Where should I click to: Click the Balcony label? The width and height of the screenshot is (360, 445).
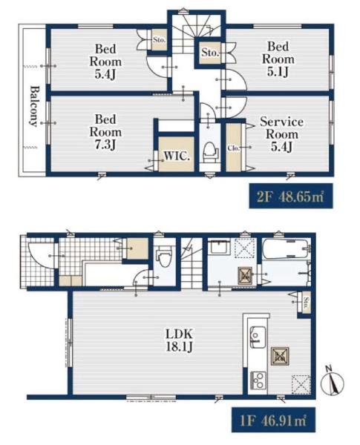pos(33,106)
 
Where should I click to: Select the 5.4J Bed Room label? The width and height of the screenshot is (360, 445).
pos(105,62)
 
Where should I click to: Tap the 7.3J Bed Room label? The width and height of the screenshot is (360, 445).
pos(105,132)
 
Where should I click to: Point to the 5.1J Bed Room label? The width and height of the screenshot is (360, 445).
pos(278,59)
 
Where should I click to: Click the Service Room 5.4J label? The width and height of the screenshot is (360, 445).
pos(281,134)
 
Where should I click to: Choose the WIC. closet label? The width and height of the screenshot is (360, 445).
pos(177,156)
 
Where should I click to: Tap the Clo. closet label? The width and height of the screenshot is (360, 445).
pos(234,148)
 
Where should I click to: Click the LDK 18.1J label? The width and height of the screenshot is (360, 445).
pos(179,340)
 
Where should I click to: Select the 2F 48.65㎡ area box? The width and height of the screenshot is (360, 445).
pos(291,196)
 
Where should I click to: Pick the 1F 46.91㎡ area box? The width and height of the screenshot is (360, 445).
pos(273,420)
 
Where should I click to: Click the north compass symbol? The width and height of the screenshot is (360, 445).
pos(332,382)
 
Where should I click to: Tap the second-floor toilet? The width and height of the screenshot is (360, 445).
pos(210,152)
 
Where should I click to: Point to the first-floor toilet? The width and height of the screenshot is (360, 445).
pos(165,257)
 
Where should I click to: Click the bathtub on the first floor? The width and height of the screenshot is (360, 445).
pos(286,249)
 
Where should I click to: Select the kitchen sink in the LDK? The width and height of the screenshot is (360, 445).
pos(258,337)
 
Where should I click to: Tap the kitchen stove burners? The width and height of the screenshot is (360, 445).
pos(258,380)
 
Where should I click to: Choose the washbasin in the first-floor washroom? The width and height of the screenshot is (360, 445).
pos(218,248)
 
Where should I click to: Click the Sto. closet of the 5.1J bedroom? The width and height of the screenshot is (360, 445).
pos(211,53)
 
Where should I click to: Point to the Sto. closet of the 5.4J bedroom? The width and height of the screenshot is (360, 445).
pos(159,40)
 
